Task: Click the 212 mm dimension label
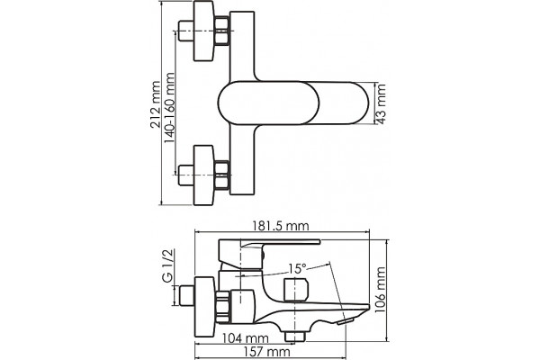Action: coord(156,104)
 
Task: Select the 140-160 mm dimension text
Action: coord(169,108)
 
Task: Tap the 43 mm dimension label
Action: coord(381,103)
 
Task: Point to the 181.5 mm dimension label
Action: coord(281,226)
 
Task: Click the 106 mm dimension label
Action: coord(380,290)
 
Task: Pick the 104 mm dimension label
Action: coord(245,338)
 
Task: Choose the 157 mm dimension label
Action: coord(267,352)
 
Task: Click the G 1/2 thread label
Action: coord(167,265)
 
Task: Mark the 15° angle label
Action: coord(297,268)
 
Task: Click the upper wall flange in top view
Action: coord(204,31)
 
